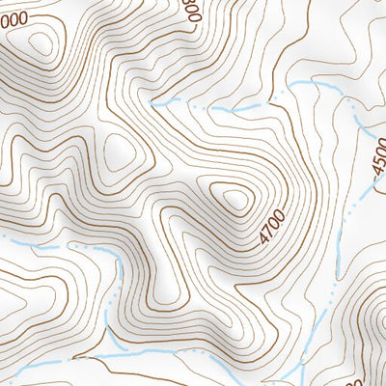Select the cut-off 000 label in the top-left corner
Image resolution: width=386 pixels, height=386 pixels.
click(14, 18)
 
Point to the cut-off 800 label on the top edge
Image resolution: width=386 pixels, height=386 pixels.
click(191, 10)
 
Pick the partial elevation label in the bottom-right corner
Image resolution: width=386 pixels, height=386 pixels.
click(379, 377)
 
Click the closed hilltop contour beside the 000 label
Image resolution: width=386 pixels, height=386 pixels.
click(41, 43)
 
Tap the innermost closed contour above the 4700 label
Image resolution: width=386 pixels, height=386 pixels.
click(234, 200)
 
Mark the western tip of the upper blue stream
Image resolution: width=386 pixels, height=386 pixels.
click(152, 100)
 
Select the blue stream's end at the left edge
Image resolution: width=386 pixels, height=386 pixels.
click(2, 235)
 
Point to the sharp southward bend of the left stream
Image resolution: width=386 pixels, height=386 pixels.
click(120, 259)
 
